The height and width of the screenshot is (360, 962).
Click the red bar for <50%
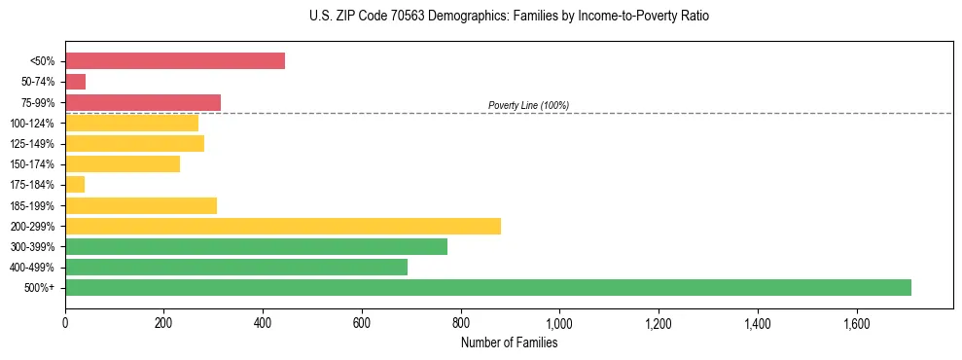point(175,60)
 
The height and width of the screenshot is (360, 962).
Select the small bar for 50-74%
point(76,82)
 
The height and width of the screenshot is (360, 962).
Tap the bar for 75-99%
point(143,102)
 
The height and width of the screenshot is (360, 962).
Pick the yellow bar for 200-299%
point(283,226)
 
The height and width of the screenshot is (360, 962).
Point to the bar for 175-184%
point(75,184)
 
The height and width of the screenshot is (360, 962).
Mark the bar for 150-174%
point(123,163)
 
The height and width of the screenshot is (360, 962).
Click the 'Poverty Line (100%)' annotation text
point(528,105)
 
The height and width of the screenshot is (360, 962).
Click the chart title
point(481,17)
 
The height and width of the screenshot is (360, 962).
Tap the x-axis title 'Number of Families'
point(509,342)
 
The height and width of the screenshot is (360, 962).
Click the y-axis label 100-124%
point(32,124)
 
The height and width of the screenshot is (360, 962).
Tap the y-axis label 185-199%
point(32,205)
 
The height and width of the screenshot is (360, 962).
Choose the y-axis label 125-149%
point(32,144)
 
